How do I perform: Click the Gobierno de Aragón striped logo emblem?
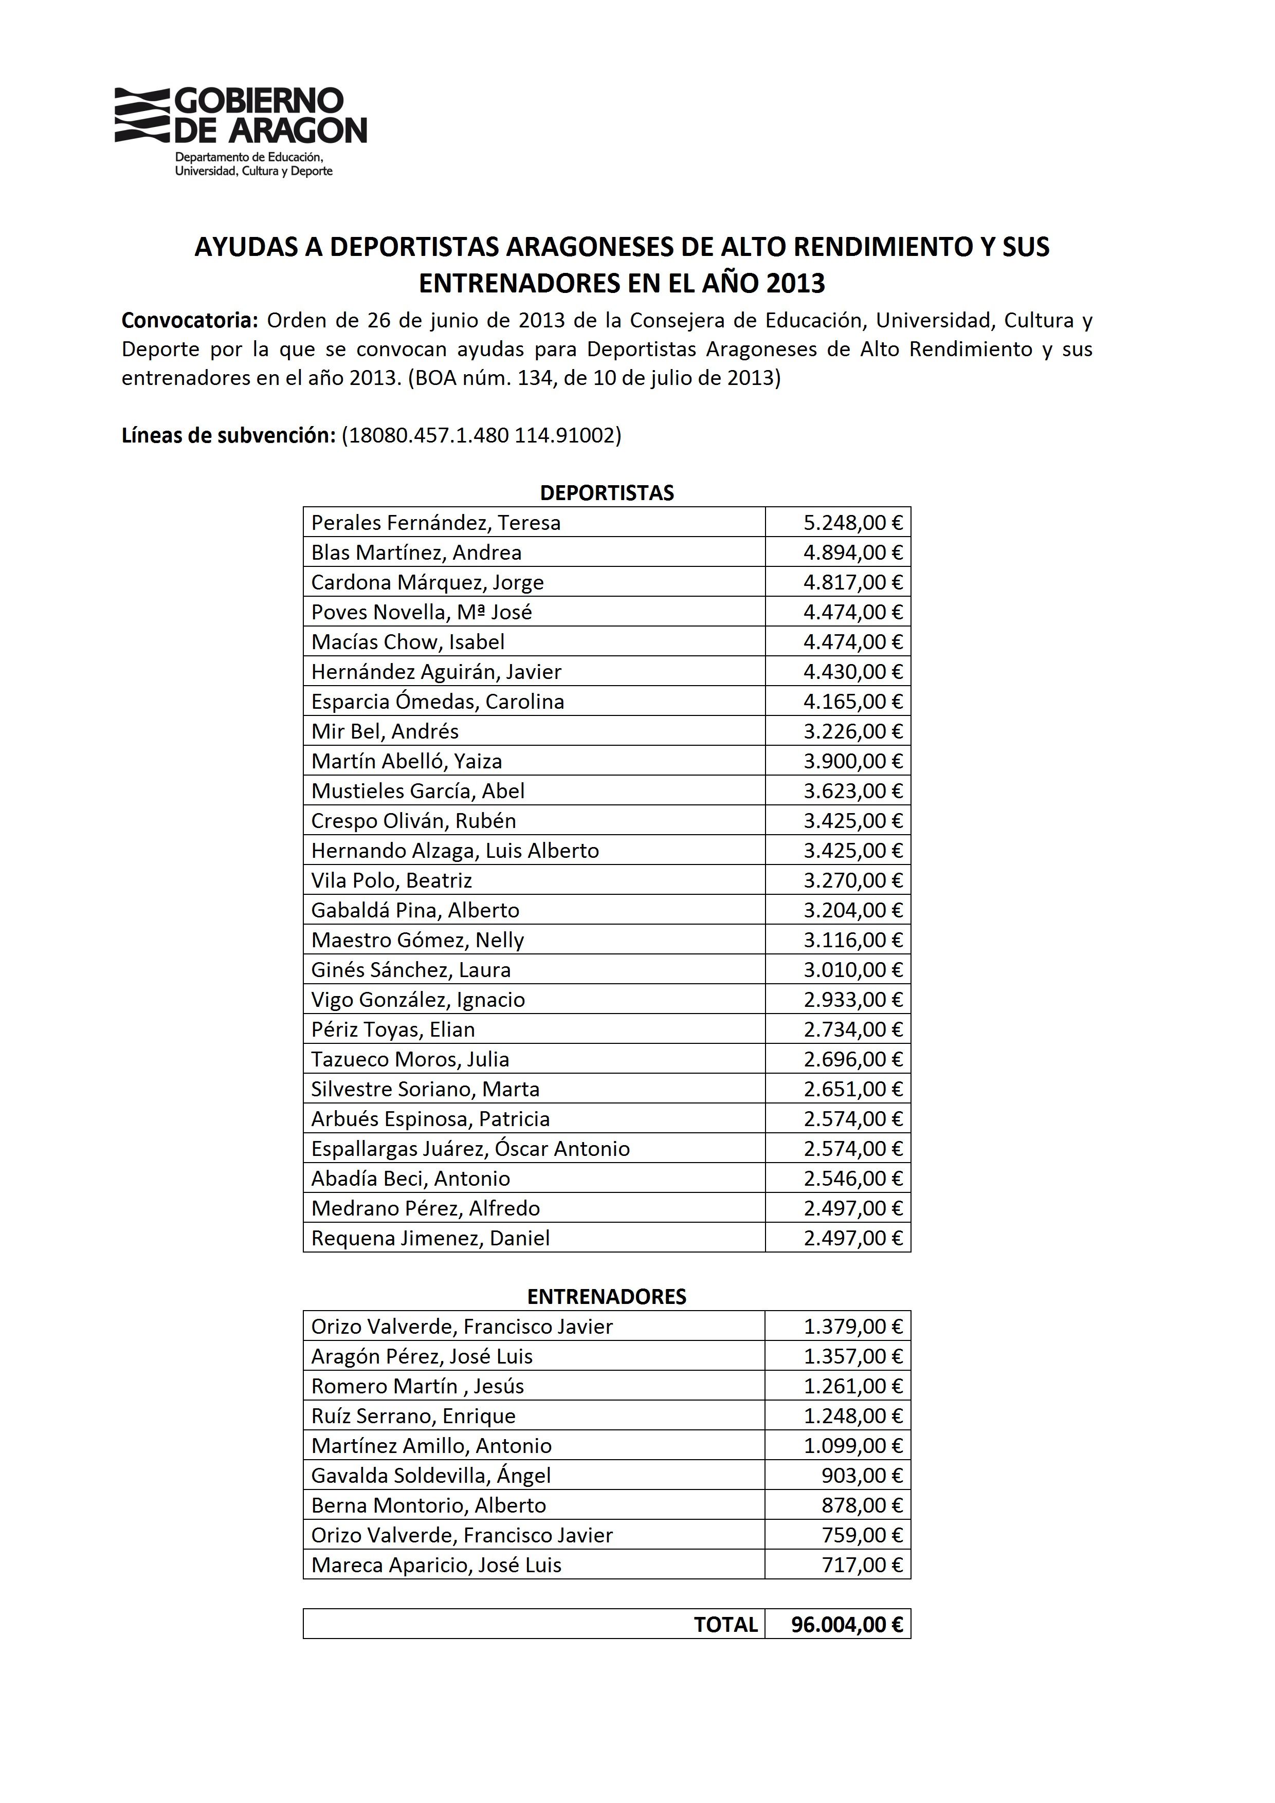point(142,116)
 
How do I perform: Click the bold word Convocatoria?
point(189,320)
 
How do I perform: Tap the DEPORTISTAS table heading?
point(607,493)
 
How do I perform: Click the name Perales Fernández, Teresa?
point(436,523)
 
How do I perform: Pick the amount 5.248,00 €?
point(852,523)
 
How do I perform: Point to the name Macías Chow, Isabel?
point(408,642)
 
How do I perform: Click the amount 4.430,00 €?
point(852,672)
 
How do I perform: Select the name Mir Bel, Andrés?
point(385,732)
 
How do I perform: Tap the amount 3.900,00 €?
point(852,762)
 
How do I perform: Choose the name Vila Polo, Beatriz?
point(391,881)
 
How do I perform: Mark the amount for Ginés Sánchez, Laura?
point(852,970)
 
